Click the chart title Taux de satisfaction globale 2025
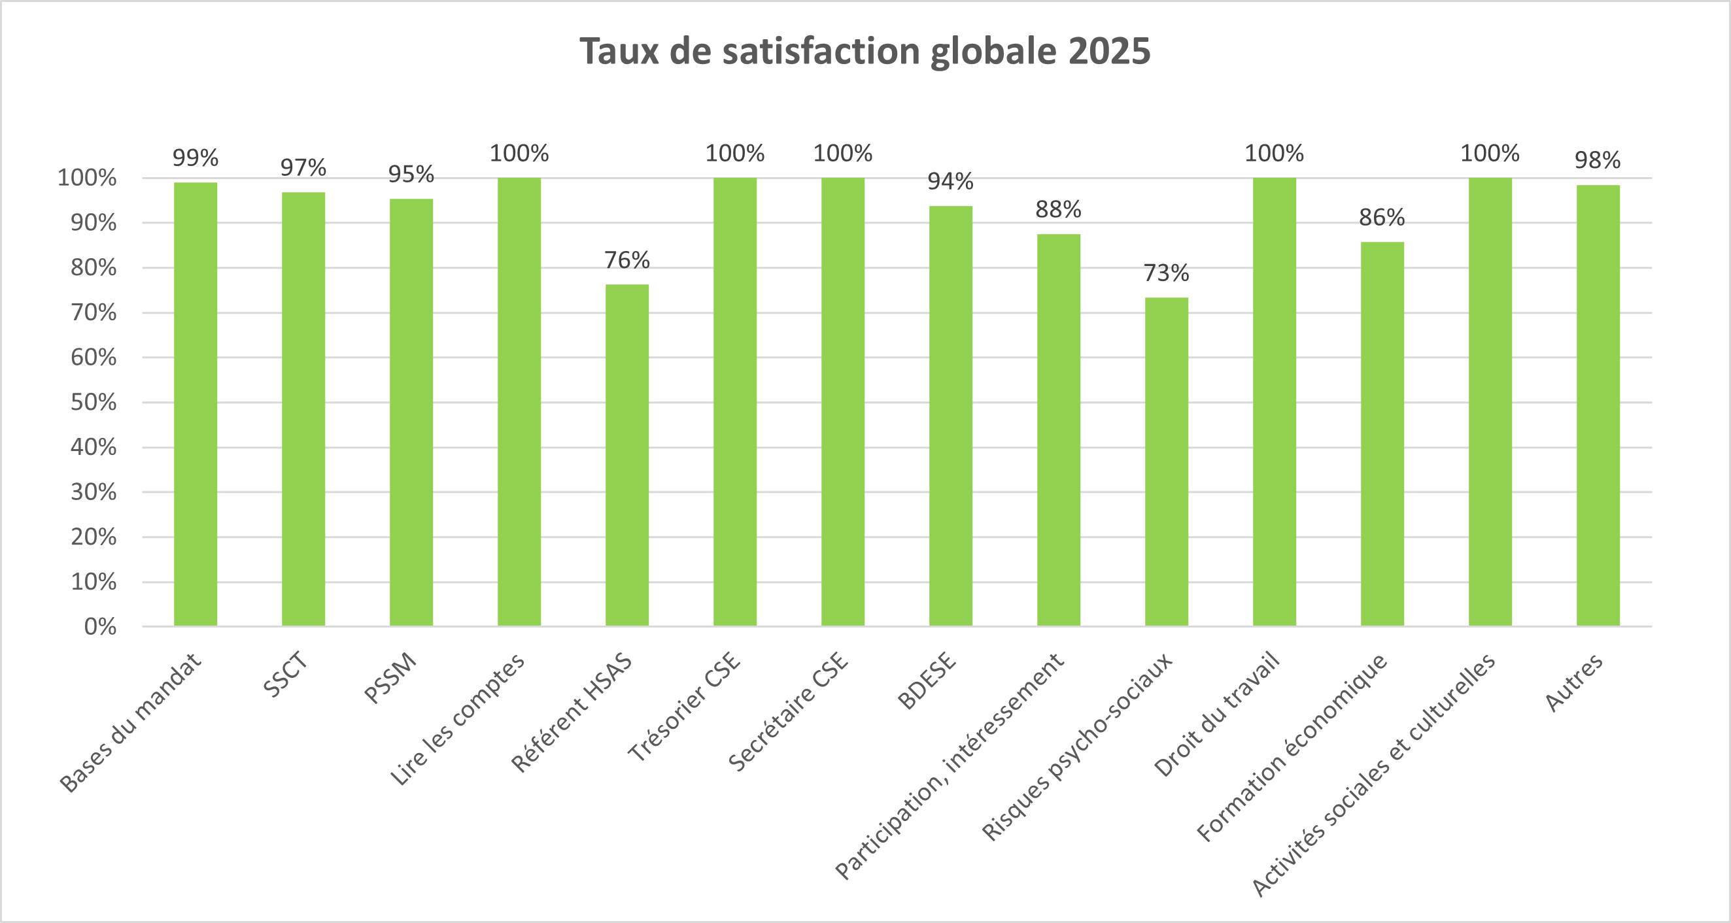pos(865,51)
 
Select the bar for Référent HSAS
pos(627,456)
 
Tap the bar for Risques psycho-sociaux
pos(1167,462)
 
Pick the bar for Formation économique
pos(1382,434)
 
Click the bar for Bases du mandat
pos(196,405)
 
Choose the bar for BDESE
pos(951,416)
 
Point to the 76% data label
pos(627,260)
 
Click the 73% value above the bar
pos(1167,273)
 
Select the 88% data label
pos(1058,210)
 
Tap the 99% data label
pos(196,158)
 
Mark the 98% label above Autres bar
pos(1598,160)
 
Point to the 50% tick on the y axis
pos(94,403)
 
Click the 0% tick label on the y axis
pos(100,627)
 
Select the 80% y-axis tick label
pos(94,268)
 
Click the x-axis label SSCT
pos(286,675)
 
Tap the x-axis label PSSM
pos(390,678)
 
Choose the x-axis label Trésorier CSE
pos(684,707)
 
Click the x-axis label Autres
pos(1575,682)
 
